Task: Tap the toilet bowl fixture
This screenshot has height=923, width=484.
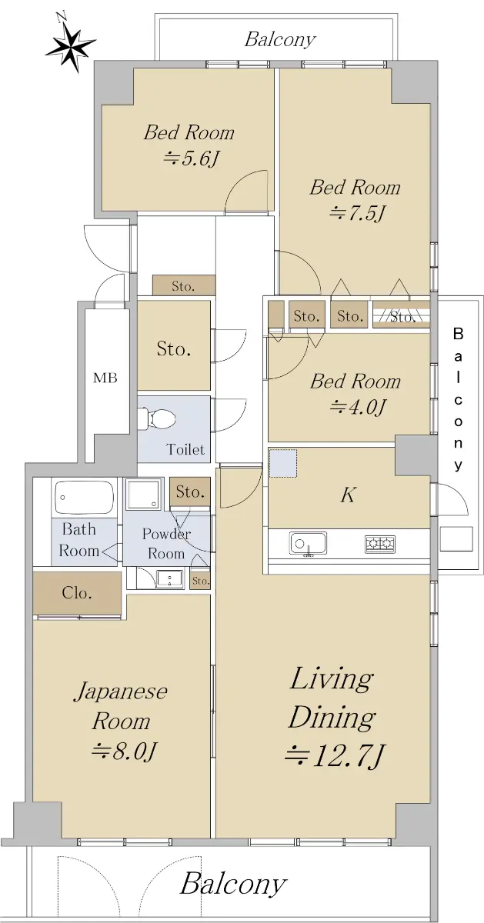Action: pyautogui.click(x=158, y=418)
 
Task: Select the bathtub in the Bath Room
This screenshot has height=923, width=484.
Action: pyautogui.click(x=84, y=496)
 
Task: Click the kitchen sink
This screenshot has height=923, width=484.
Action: pyautogui.click(x=308, y=544)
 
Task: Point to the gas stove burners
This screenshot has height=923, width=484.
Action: pyautogui.click(x=380, y=544)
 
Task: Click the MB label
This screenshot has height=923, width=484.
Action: pyautogui.click(x=105, y=378)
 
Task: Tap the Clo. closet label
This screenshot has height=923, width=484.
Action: pyautogui.click(x=77, y=592)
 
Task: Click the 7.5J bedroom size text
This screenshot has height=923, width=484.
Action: pyautogui.click(x=356, y=213)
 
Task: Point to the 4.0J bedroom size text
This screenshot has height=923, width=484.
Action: pyautogui.click(x=357, y=407)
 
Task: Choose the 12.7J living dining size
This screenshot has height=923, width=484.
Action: pyautogui.click(x=335, y=755)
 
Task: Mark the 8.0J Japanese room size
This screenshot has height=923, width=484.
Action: pyautogui.click(x=123, y=751)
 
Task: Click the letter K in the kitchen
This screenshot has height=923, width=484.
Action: pyautogui.click(x=349, y=495)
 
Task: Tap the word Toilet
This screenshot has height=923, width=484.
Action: pyautogui.click(x=185, y=448)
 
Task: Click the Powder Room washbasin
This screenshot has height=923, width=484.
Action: pyautogui.click(x=170, y=578)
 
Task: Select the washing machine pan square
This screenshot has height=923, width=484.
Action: pyautogui.click(x=143, y=494)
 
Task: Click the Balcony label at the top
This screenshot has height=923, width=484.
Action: pyautogui.click(x=280, y=39)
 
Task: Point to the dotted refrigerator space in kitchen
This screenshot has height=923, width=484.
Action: pyautogui.click(x=283, y=464)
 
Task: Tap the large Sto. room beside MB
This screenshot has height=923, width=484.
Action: pyautogui.click(x=174, y=345)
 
